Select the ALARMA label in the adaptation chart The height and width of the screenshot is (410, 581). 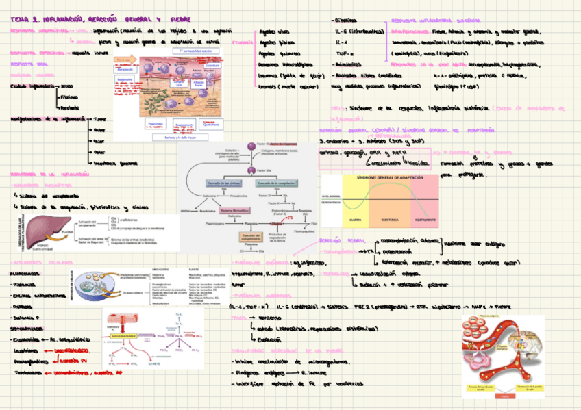354,220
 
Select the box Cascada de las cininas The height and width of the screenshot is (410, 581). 221,185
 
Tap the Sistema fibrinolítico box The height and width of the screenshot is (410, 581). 235,211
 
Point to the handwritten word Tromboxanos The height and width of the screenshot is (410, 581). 25,373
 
